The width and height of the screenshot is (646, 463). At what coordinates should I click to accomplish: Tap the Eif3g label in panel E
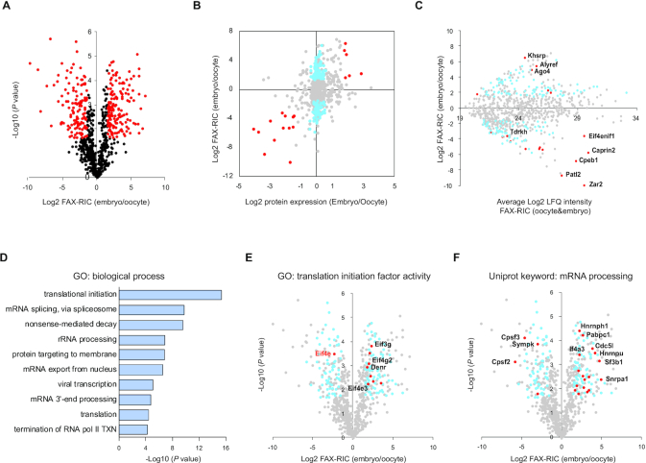point(382,344)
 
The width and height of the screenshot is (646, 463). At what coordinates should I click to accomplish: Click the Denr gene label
point(375,367)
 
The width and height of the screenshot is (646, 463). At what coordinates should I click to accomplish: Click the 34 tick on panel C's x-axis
point(636,117)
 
